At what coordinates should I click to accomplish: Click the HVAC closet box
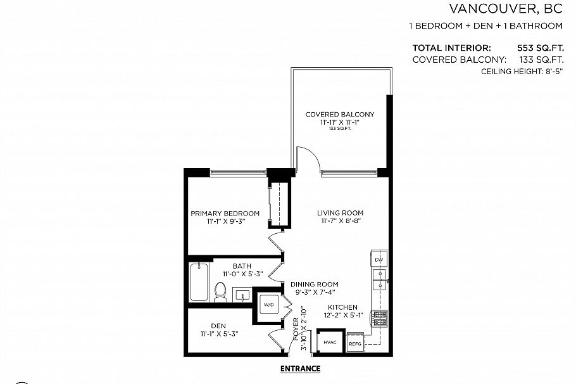(330, 342)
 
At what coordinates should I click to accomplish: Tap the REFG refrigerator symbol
(355, 342)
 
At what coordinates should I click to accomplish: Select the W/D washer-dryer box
(269, 305)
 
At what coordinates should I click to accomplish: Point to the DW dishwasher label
(379, 260)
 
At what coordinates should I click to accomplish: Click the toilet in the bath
(220, 292)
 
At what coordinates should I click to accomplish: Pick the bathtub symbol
(199, 282)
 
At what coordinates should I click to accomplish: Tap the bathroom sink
(242, 295)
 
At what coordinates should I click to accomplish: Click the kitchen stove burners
(379, 319)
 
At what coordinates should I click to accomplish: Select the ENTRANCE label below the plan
(300, 369)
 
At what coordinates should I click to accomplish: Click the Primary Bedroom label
(225, 214)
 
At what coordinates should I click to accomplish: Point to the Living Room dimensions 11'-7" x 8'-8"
(341, 221)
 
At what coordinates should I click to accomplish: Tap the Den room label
(218, 326)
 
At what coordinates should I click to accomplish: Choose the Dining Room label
(315, 285)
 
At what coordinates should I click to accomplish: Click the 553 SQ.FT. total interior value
(541, 48)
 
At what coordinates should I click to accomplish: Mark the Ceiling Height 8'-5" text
(522, 72)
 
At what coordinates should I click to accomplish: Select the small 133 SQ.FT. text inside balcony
(340, 129)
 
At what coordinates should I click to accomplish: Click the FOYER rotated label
(296, 329)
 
